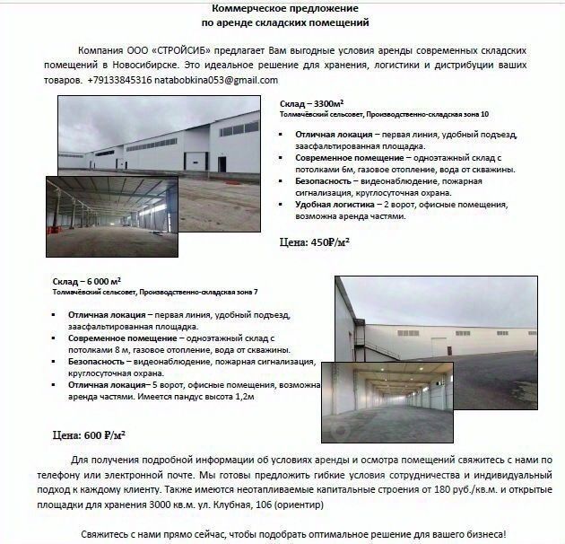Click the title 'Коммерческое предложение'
tap(283, 6)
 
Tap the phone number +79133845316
tap(120, 80)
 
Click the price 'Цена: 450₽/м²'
tap(315, 242)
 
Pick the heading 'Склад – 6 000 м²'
tap(85, 281)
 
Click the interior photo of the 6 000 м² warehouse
tap(384, 401)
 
